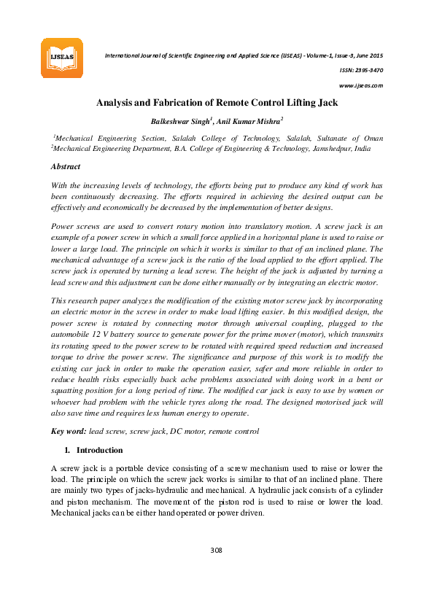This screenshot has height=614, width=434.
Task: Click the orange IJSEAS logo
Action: (x=61, y=58)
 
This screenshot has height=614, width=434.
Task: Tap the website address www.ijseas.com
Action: (x=361, y=85)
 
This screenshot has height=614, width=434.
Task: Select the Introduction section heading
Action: (x=100, y=450)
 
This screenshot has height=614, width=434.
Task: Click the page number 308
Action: (x=217, y=550)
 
